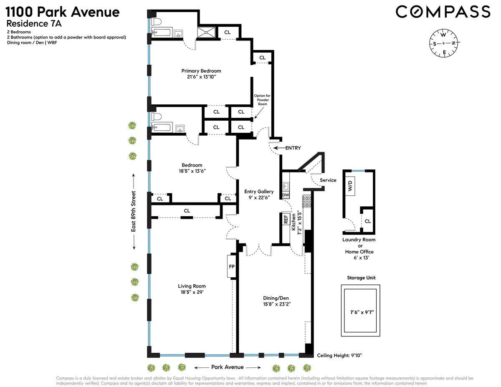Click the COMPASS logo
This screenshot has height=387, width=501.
[x=443, y=12]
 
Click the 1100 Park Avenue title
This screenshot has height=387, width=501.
[x=62, y=12]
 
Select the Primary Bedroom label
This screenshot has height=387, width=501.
[x=201, y=71]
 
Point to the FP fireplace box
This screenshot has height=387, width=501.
[x=232, y=266]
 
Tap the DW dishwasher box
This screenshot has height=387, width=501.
[x=286, y=195]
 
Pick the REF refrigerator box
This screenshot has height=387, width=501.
[x=286, y=219]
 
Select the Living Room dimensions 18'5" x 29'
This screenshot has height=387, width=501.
[x=192, y=293]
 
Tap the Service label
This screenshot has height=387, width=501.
[x=328, y=180]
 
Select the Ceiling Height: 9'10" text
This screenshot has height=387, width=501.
[x=339, y=356]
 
